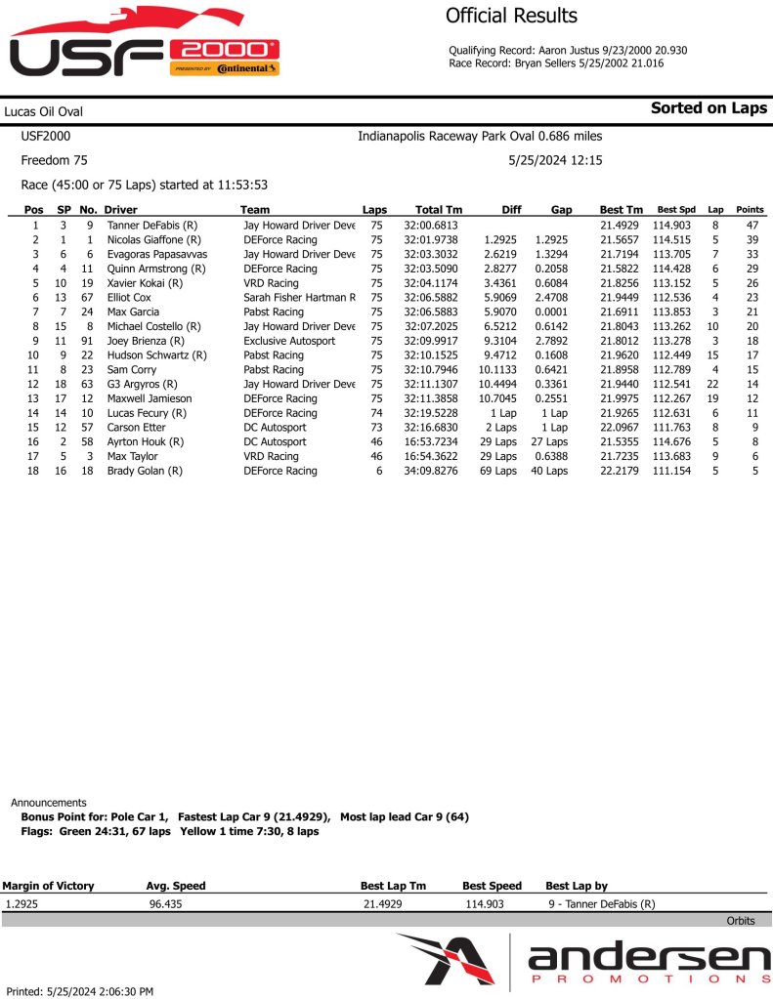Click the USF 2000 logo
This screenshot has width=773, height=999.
[145, 47]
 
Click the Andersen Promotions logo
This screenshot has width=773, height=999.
[583, 960]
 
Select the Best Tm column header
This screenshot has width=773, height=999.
[621, 210]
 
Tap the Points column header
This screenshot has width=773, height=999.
[750, 210]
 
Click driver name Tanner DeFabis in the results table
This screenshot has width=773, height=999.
[152, 226]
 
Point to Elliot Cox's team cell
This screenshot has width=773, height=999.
[299, 298]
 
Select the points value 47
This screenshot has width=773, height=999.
[752, 226]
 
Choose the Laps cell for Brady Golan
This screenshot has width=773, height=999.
[376, 471]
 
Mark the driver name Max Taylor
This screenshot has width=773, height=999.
[132, 457]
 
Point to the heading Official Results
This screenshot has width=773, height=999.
[511, 16]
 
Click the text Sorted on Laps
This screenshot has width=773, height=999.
[709, 108]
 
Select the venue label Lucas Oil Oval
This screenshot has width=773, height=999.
[43, 112]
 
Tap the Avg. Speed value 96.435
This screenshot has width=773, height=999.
[164, 904]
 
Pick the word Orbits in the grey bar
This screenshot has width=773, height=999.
[740, 921]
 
